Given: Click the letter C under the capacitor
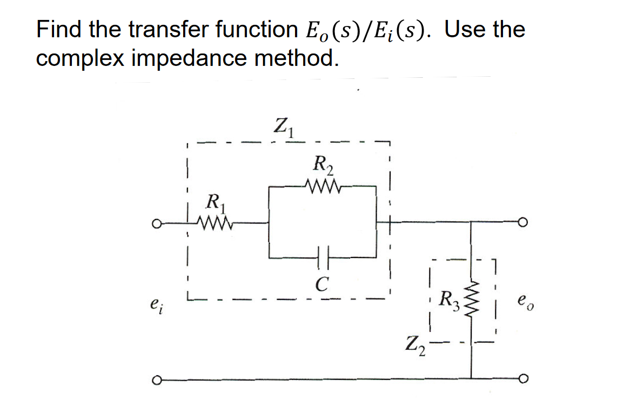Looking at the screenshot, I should [x=323, y=282].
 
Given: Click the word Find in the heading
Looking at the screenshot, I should [x=59, y=29].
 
